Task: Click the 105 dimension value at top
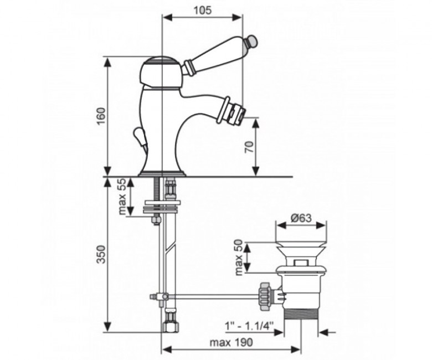pyautogui.click(x=203, y=11)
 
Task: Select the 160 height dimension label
pyautogui.click(x=101, y=116)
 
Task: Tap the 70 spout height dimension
pyautogui.click(x=249, y=147)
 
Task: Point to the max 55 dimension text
pyautogui.click(x=122, y=197)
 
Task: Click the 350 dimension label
pyautogui.click(x=101, y=254)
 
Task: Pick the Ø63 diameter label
pyautogui.click(x=301, y=218)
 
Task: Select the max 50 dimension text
pyautogui.click(x=239, y=258)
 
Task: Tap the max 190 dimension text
pyautogui.click(x=231, y=342)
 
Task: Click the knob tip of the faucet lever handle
pyautogui.click(x=252, y=41)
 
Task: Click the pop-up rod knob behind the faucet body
pyautogui.click(x=140, y=137)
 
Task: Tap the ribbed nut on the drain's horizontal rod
pyautogui.click(x=265, y=296)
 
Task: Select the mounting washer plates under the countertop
pyautogui.click(x=162, y=207)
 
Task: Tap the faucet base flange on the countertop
pyautogui.click(x=162, y=173)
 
